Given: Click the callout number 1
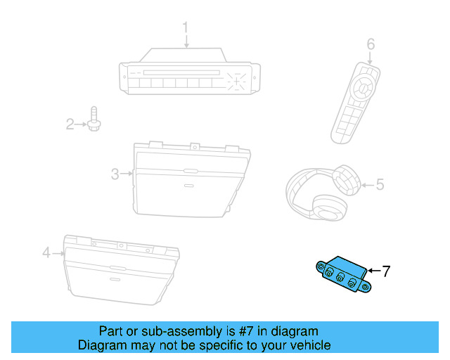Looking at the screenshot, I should click(186, 28).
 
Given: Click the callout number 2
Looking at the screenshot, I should click(70, 125).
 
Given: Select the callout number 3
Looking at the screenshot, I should click(115, 174).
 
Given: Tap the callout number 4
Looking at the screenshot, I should click(46, 252).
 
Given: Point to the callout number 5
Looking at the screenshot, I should click(380, 185).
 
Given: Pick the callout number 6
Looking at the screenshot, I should click(371, 45).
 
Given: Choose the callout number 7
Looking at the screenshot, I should click(385, 270).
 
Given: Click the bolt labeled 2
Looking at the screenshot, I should click(95, 121).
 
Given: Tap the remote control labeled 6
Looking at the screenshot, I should click(356, 103).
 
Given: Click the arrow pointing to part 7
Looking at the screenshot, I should click(373, 270).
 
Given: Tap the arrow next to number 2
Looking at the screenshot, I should click(81, 125).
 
